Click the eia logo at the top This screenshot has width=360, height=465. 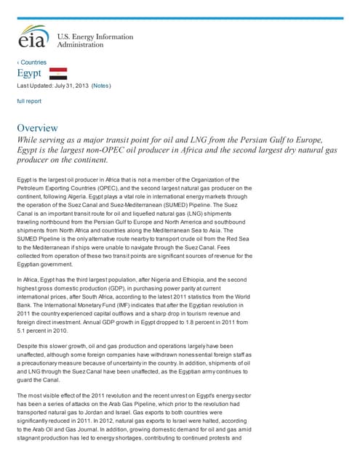pos(33,37)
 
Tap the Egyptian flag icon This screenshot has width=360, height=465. pos(58,73)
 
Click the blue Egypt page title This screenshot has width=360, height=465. pos(29,74)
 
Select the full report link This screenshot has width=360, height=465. pos(29,101)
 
